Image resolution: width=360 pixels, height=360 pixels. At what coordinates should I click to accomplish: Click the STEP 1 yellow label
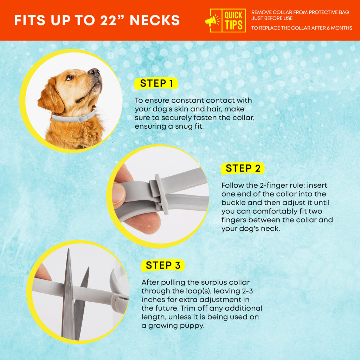click(x=156, y=83)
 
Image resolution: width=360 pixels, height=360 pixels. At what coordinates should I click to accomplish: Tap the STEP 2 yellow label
click(x=243, y=168)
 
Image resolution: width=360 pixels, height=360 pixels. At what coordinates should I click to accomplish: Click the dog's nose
click(x=94, y=72)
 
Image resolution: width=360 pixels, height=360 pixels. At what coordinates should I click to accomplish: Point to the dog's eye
click(x=70, y=78)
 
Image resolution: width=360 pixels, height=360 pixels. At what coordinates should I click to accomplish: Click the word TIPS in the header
click(x=233, y=26)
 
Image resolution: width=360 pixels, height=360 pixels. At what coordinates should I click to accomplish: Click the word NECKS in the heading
click(x=155, y=20)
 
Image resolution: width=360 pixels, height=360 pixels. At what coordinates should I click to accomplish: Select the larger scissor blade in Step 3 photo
click(x=68, y=299)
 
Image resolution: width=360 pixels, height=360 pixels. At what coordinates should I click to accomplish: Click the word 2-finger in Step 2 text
click(x=268, y=185)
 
